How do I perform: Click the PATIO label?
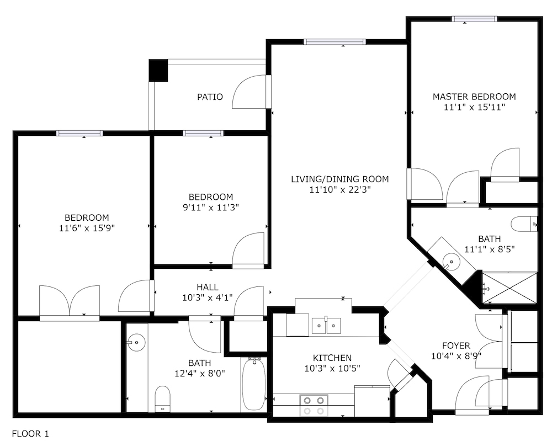210,97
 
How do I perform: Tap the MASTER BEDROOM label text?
474,97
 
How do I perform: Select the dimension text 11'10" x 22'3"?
339,190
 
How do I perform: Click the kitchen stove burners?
314,405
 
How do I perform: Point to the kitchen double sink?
326,326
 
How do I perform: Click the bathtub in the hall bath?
254,384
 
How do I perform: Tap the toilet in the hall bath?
163,399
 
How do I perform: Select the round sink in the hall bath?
136,342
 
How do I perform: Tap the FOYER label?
456,346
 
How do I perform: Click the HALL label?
208,287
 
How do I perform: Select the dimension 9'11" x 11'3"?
210,208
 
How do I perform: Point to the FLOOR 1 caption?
30,434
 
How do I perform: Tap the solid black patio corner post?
158,71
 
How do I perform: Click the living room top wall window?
335,42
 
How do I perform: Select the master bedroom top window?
475,19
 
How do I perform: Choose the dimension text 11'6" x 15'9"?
87,228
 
